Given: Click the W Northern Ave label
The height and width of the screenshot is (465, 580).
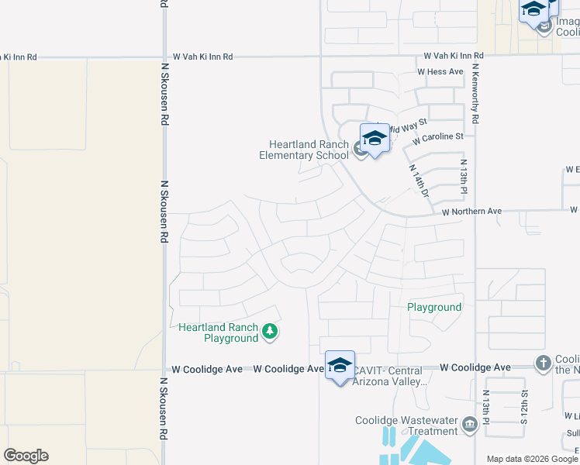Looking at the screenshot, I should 472,211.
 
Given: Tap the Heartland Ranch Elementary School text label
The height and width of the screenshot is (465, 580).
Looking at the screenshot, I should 309,150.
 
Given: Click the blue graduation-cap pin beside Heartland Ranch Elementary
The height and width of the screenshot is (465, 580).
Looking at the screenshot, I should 375,139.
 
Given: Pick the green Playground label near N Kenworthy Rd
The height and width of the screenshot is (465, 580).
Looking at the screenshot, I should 435,308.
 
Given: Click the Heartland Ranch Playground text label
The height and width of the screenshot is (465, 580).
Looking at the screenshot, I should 218,332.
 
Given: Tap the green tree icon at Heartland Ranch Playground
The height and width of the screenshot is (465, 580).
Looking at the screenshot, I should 270,332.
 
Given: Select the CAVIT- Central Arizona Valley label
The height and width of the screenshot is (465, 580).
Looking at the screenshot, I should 390,376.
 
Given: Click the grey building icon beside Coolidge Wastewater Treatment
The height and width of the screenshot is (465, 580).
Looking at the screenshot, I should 468,425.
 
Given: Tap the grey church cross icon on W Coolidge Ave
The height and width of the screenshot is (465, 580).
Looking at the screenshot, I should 543,363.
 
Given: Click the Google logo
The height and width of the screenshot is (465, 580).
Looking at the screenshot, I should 26,456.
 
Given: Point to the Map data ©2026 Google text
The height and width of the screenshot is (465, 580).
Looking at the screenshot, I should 532,459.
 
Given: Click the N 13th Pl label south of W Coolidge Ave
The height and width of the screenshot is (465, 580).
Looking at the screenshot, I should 486,404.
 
